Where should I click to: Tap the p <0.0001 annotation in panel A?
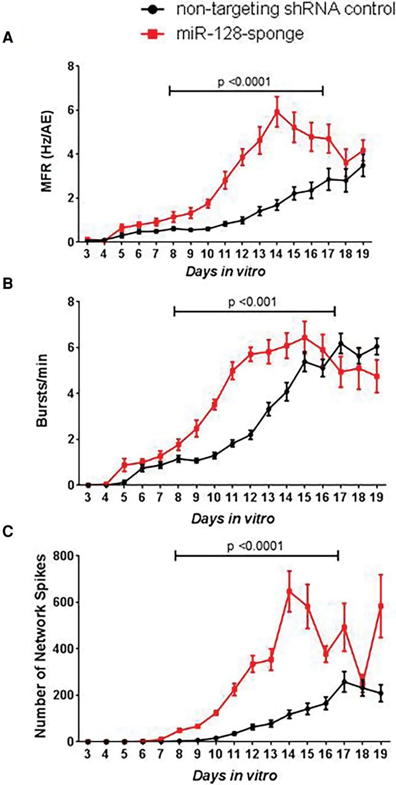[244, 81]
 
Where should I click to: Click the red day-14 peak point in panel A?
[277, 112]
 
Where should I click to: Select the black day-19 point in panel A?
[380, 166]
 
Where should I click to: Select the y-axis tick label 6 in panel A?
[71, 110]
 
